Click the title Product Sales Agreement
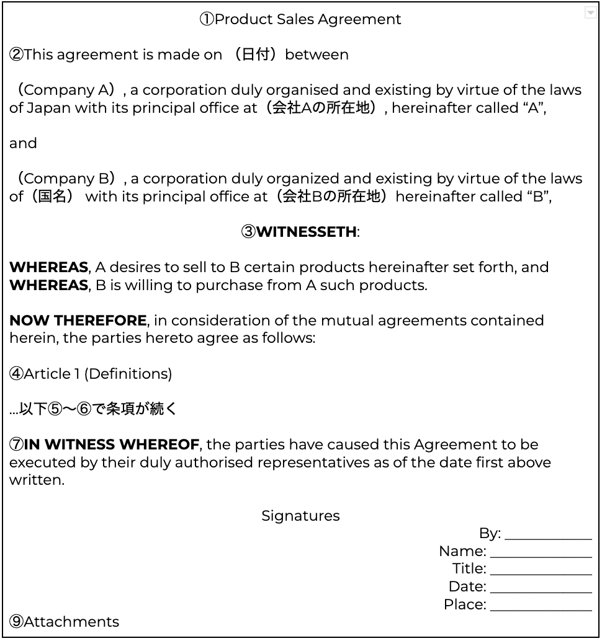300,19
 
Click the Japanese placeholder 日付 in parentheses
256,55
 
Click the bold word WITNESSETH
307,232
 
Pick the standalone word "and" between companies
23,143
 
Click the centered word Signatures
300,516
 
